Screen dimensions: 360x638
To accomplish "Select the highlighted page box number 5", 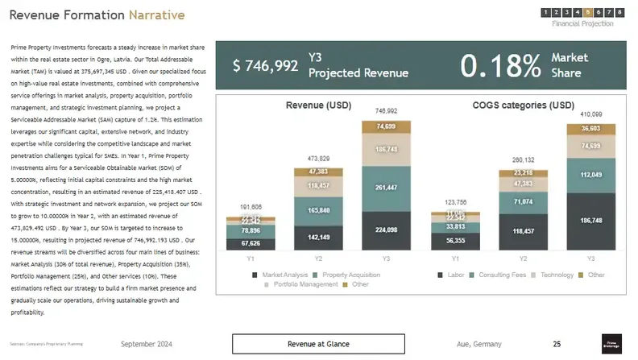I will coord(588,12).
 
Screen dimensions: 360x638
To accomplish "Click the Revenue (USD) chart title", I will coord(318,106).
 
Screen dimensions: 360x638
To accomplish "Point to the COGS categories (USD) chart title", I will coord(523,106).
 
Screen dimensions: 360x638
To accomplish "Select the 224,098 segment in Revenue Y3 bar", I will coord(386,230).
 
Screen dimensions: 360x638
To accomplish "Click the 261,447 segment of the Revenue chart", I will coord(386,188).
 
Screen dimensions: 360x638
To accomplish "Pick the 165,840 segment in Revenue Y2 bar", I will coord(318,209).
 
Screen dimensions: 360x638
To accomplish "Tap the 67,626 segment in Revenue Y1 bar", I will coord(251,243).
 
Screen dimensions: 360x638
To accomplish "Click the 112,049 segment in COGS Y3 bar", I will coord(590,176).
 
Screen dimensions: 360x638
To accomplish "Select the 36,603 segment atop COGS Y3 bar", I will coord(590,128).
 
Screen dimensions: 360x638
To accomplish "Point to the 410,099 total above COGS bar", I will coord(590,114).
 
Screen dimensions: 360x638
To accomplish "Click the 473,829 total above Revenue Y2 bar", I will coord(318,159).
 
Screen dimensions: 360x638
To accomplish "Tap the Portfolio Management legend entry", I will coord(303,284).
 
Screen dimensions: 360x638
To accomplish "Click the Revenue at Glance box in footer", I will coord(318,344).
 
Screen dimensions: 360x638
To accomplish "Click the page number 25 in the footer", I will coord(557,344).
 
